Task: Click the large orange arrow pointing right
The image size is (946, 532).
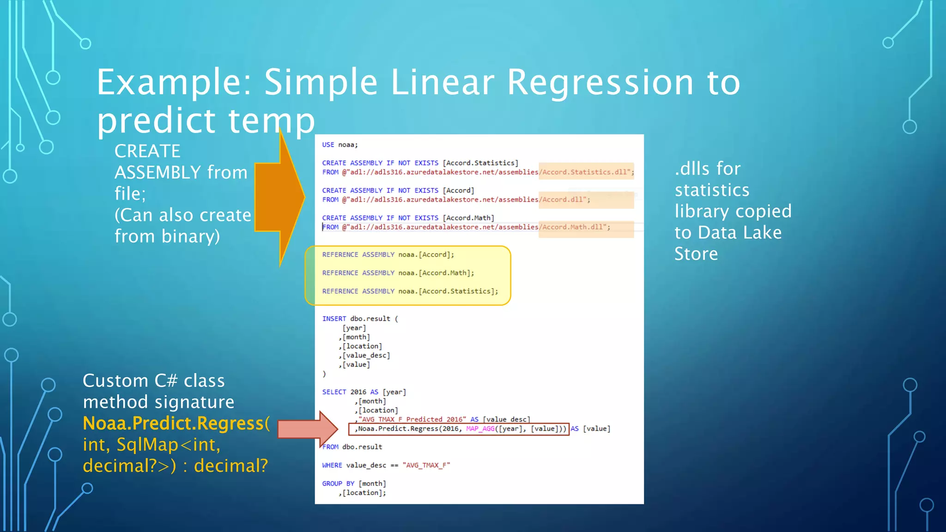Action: [279, 198]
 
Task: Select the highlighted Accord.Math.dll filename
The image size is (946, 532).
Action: [575, 227]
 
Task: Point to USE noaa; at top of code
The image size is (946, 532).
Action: [340, 145]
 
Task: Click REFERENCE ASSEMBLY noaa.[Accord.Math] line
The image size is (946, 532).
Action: [398, 273]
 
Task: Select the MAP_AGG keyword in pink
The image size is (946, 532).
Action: [480, 429]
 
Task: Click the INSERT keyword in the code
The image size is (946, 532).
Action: [334, 319]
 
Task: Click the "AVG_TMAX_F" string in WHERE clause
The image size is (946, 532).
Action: [426, 465]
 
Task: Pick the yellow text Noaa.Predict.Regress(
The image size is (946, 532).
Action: [176, 423]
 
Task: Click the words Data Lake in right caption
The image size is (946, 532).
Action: [740, 232]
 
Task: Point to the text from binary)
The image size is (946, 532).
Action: [167, 236]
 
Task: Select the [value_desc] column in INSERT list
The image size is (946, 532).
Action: [366, 355]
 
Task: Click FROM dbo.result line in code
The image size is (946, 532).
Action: [352, 447]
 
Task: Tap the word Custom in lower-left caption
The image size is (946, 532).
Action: [115, 381]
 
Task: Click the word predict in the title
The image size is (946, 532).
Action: [156, 121]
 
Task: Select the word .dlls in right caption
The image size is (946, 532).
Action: [691, 169]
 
